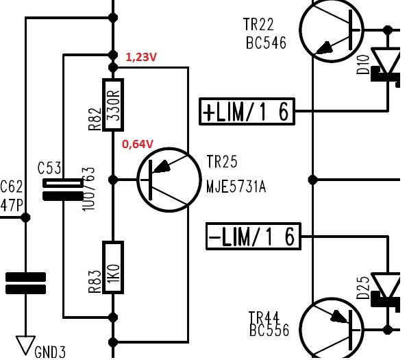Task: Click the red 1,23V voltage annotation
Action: (141, 57)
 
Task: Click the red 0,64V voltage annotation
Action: (138, 144)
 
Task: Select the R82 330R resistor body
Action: (113, 105)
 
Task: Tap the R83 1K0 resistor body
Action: (113, 267)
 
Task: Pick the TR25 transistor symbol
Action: (169, 180)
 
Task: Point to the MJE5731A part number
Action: (236, 187)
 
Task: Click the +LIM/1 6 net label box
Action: (247, 111)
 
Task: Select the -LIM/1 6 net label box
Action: (254, 236)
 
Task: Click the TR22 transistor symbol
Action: (332, 30)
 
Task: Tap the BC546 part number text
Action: (266, 43)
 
